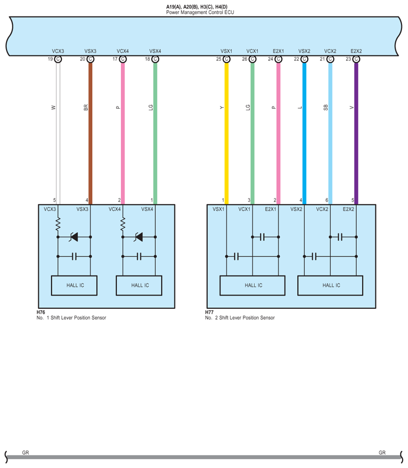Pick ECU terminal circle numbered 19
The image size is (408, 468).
click(58, 59)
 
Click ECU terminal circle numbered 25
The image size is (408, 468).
click(226, 59)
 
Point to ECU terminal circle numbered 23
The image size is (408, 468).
click(356, 59)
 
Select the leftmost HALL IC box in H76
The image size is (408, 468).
click(74, 285)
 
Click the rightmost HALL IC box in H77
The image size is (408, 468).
click(331, 285)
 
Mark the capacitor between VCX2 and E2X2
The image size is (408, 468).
click(340, 237)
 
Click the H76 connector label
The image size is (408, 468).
click(41, 312)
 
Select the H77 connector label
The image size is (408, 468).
click(209, 312)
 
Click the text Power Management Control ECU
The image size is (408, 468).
click(200, 11)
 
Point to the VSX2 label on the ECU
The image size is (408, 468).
click(304, 51)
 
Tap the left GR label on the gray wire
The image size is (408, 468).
click(25, 453)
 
